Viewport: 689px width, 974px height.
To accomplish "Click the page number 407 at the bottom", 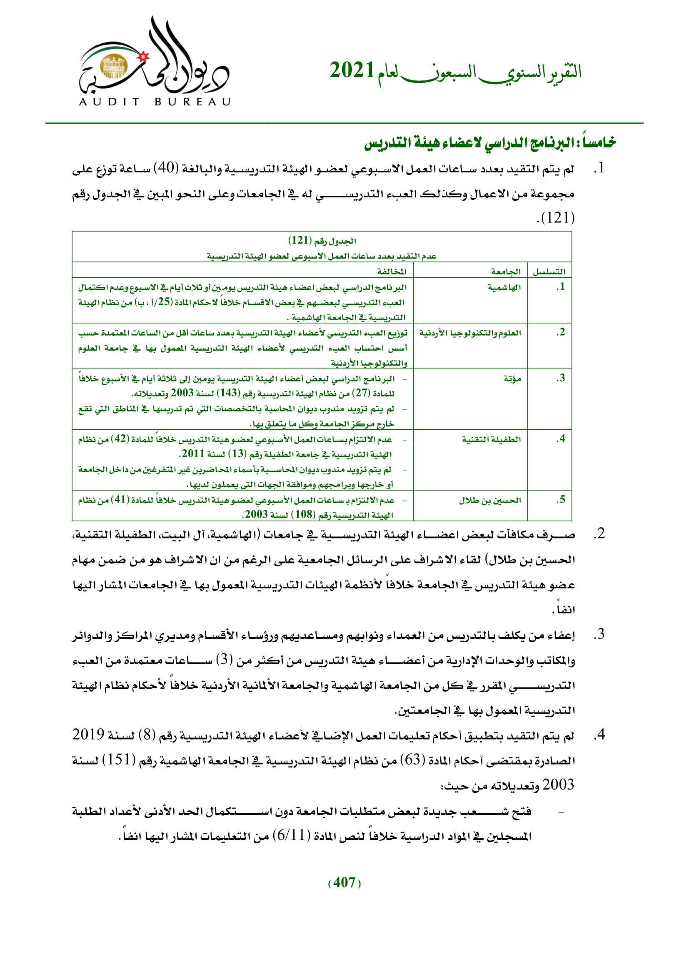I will tap(344, 882).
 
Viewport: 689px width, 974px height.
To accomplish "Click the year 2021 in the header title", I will tap(352, 71).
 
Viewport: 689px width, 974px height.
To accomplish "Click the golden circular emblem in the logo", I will tap(113, 67).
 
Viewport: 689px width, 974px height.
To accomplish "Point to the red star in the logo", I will tap(144, 55).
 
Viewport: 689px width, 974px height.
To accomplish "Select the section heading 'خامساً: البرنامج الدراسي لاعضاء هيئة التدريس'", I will tap(490, 142).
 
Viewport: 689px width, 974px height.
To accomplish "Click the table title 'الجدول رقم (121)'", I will tap(322, 241).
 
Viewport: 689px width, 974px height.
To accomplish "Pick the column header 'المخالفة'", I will tap(392, 272).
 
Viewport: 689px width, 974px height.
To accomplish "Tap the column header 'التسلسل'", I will tap(549, 272).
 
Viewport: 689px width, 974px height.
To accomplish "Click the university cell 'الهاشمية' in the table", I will tap(504, 288).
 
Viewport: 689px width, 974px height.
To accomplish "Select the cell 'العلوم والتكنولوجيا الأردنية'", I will tap(470, 333).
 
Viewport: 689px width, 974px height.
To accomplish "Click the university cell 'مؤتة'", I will tap(512, 379).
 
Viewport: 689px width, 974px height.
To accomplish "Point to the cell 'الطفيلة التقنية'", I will tap(491, 439).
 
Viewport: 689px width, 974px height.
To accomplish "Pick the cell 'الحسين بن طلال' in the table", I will tap(489, 501).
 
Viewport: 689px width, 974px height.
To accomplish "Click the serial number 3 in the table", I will tap(561, 378).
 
